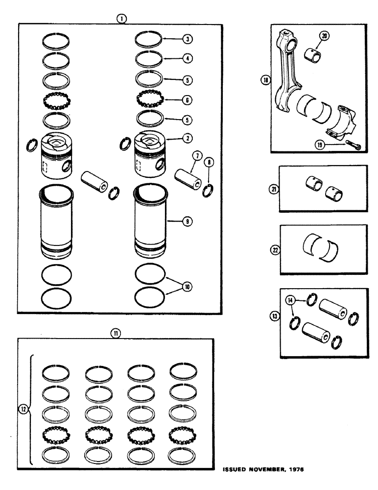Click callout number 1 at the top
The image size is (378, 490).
click(x=121, y=18)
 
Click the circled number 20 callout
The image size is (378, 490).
click(x=324, y=36)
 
